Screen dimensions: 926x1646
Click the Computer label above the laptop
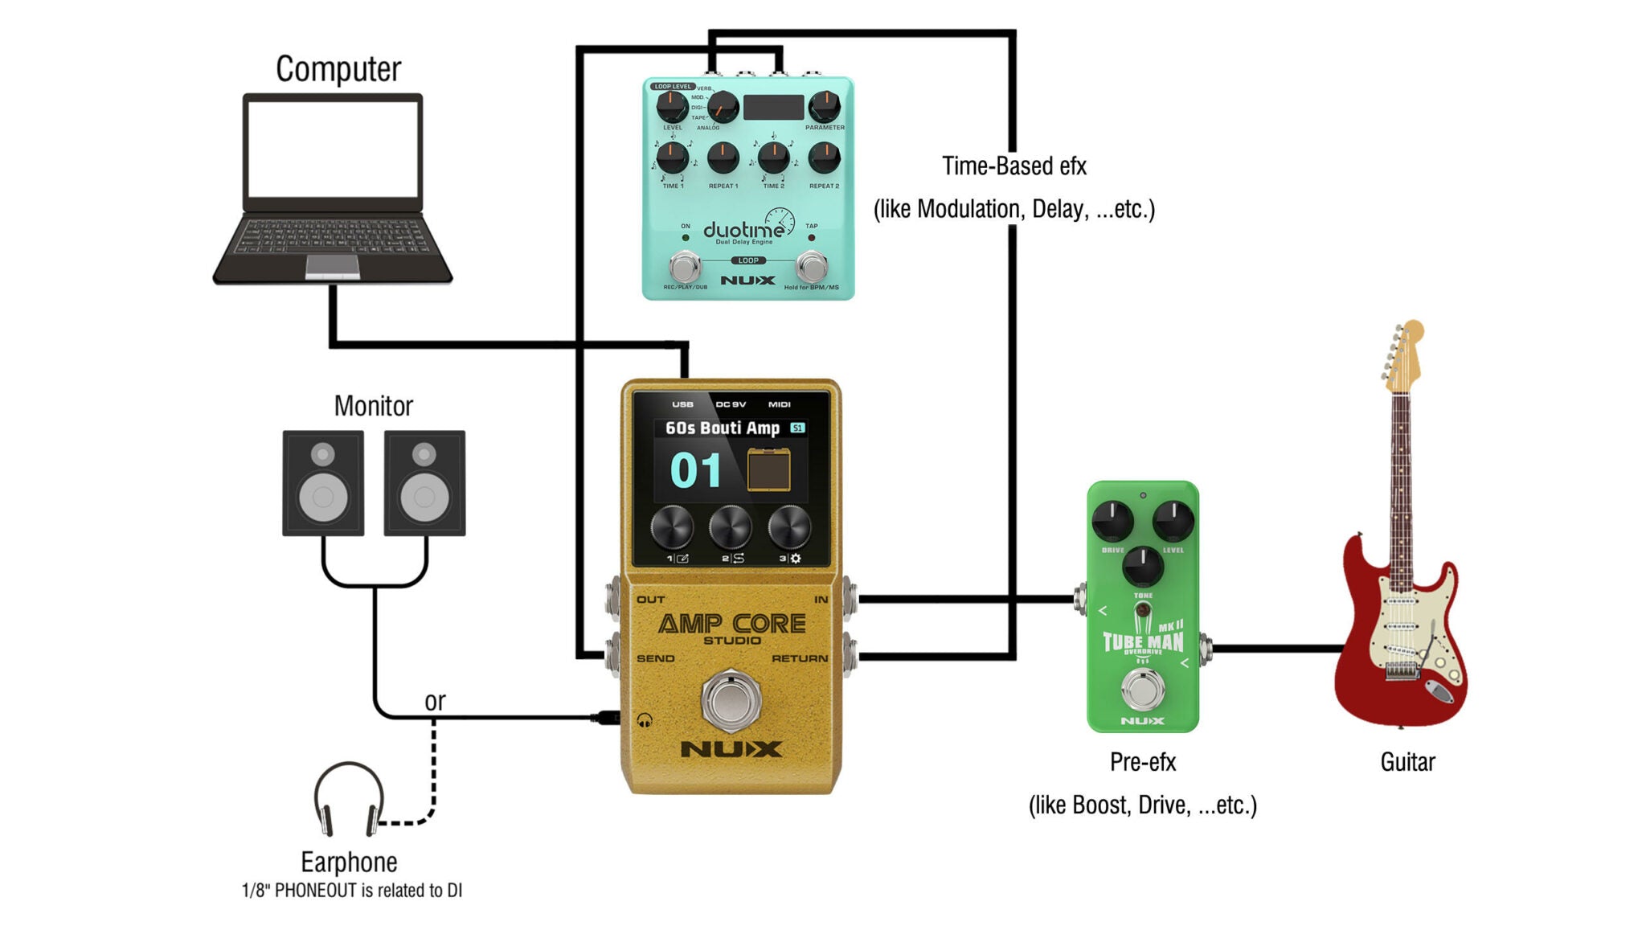pos(338,69)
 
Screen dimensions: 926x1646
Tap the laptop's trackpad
pos(332,266)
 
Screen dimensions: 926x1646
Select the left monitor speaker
pos(323,483)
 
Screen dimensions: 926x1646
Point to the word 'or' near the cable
pos(435,701)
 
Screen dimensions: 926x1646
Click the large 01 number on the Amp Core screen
pos(695,471)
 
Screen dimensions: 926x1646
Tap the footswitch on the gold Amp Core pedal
pos(731,700)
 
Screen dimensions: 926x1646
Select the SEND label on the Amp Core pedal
pos(655,658)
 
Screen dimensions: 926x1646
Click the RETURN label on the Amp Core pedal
pos(799,658)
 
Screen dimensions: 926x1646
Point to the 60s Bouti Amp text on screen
pos(722,428)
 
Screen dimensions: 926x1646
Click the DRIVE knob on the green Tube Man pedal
pos(1112,520)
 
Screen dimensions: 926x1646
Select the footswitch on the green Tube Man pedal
pos(1142,690)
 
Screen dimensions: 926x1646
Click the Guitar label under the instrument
pos(1407,762)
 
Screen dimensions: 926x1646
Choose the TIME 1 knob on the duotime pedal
pos(673,158)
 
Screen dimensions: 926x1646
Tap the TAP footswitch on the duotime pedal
pos(812,266)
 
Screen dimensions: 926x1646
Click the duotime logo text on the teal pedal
pos(743,231)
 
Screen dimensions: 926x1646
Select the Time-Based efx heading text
pos(1013,166)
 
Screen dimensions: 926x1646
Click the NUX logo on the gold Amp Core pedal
pos(731,749)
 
